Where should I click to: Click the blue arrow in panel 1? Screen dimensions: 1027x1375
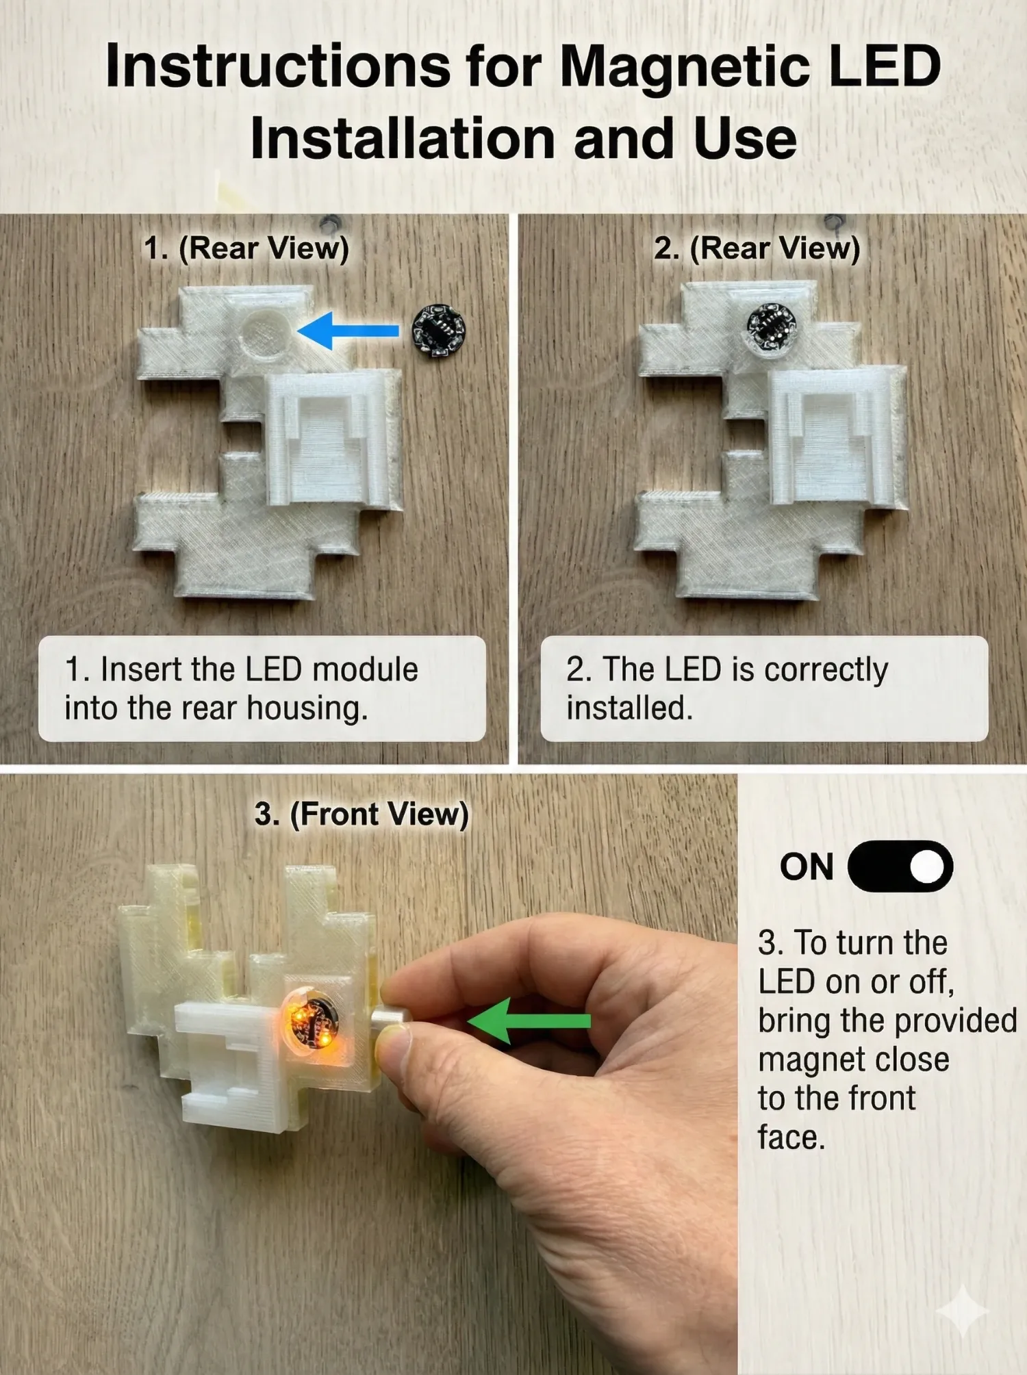[x=348, y=331]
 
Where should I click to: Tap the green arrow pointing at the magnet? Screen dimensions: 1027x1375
[x=529, y=1020]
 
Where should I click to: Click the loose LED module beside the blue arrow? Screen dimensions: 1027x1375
[x=438, y=331]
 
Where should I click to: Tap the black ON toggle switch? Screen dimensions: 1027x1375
[x=900, y=866]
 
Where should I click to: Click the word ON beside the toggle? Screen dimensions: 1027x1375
[x=807, y=867]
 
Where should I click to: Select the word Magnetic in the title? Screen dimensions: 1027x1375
[x=685, y=67]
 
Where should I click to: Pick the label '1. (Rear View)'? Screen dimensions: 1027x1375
[x=246, y=248]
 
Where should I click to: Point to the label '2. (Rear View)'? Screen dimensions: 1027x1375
[x=757, y=248]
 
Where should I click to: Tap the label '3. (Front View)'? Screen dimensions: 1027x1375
[x=362, y=814]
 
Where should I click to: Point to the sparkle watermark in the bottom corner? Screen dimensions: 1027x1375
[x=962, y=1311]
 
